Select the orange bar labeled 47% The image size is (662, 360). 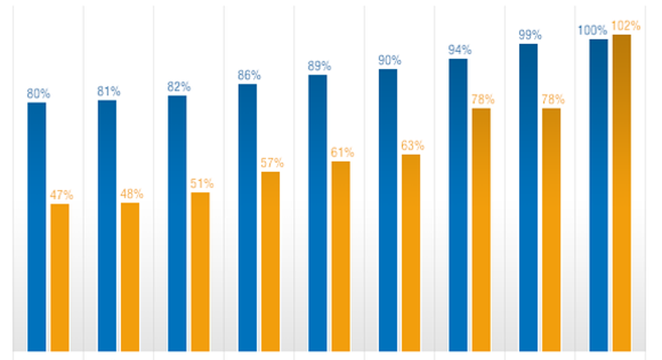[60, 277]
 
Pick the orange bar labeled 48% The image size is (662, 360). [130, 277]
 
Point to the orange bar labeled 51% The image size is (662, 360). [201, 271]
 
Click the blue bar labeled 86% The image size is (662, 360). [247, 217]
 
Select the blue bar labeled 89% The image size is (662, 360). [318, 213]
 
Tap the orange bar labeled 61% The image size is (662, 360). [341, 256]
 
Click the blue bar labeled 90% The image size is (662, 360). [388, 210]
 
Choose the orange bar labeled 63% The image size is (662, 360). [411, 253]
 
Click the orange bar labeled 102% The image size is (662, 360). [621, 192]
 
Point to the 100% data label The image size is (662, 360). [592, 31]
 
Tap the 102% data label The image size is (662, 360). [626, 26]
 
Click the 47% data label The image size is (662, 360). [61, 195]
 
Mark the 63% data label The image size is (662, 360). [412, 146]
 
